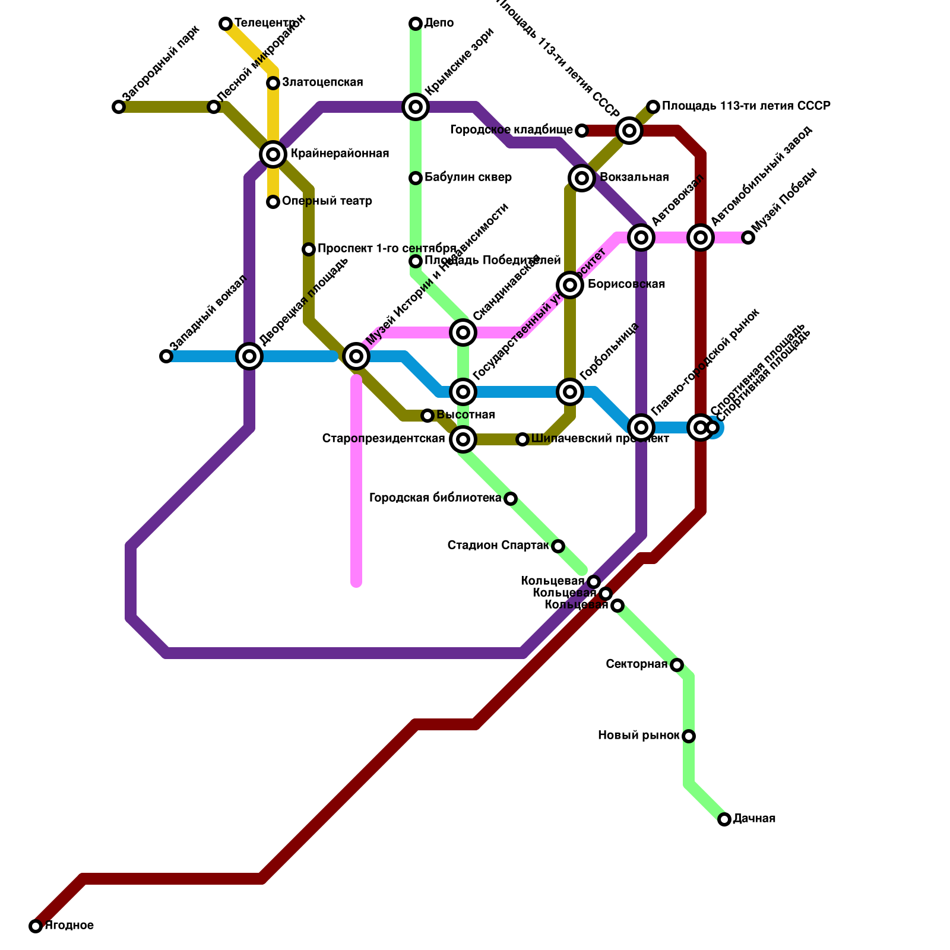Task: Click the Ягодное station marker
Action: point(36,926)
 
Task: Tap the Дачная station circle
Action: point(724,819)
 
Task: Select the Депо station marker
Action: point(416,24)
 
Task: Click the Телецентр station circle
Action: point(226,24)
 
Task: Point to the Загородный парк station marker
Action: point(119,107)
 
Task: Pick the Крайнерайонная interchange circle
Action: point(273,154)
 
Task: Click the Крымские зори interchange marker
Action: point(416,107)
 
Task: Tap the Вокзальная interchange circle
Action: point(582,178)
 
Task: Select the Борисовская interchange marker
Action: point(570,285)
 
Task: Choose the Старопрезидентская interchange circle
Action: point(463,439)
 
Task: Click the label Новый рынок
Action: point(638,736)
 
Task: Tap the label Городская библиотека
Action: point(435,498)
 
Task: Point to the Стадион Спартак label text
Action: point(498,545)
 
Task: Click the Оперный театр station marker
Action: point(273,202)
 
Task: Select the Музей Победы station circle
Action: point(748,237)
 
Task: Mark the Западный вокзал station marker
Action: point(166,356)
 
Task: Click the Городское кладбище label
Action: point(511,129)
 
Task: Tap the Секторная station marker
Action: point(676,665)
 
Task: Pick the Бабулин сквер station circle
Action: point(416,178)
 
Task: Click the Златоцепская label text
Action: point(322,83)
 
